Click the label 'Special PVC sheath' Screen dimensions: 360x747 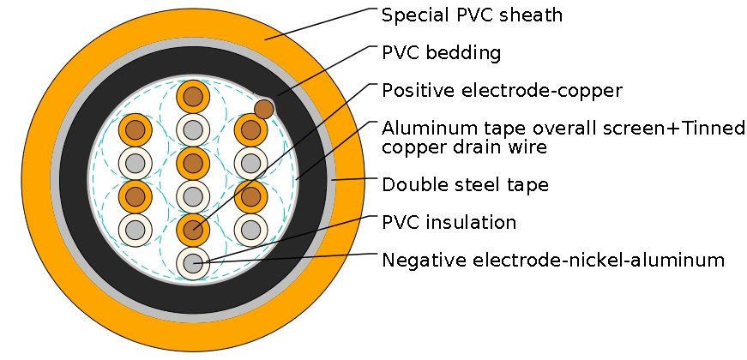tap(472, 15)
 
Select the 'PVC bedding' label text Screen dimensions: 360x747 tap(441, 53)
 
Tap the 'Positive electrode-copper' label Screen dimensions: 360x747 tap(502, 90)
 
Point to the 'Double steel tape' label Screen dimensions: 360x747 tap(464, 184)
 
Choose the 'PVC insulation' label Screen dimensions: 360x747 tap(449, 223)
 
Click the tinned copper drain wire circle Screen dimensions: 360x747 tap(264, 109)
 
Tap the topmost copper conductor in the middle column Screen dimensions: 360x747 tap(194, 97)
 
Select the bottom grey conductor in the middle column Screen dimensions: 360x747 tap(194, 264)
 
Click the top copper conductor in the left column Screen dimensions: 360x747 tap(135, 130)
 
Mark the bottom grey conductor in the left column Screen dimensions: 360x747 tap(135, 230)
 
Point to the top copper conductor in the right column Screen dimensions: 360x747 tap(250, 130)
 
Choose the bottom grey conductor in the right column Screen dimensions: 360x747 tap(250, 230)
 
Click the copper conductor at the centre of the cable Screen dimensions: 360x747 tap(194, 163)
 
